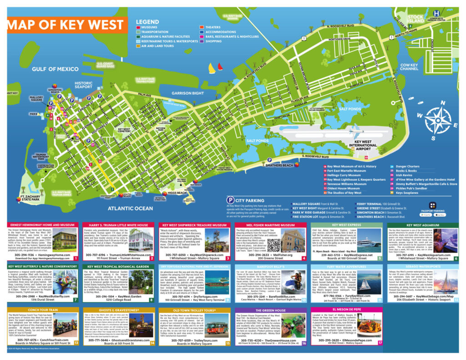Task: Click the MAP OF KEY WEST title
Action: [63, 25]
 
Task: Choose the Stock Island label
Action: [415, 18]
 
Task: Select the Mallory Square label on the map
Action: [36, 99]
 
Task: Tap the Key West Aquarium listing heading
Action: [423, 225]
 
